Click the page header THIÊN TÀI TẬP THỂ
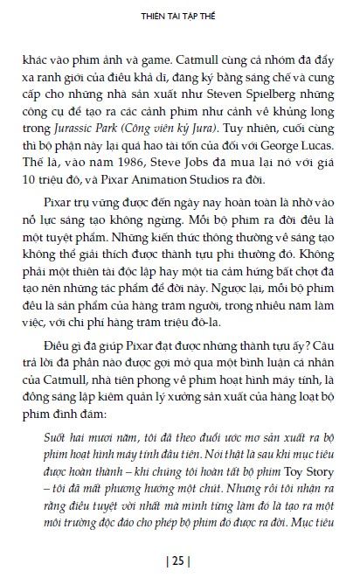coord(178,15)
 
